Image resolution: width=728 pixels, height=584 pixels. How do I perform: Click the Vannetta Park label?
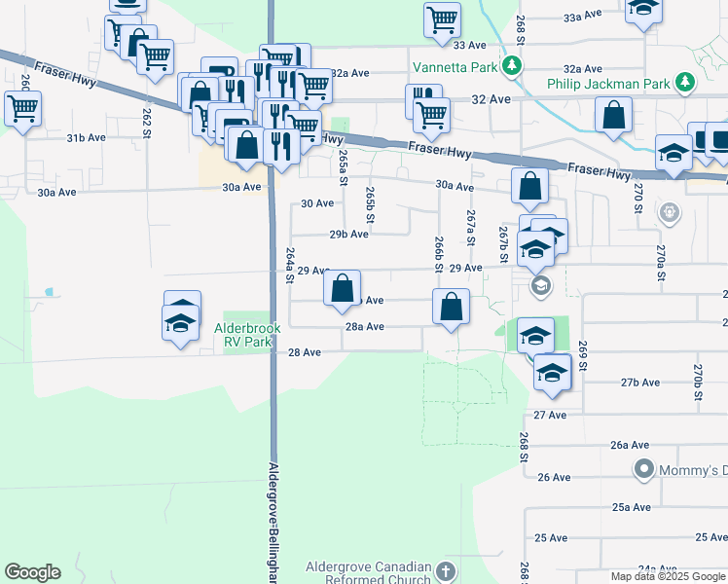point(455,67)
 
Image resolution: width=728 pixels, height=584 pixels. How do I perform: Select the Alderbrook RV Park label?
point(247,335)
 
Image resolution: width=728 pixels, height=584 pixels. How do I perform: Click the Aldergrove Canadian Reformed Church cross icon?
point(446,571)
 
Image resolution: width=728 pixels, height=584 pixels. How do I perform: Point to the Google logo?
point(32,572)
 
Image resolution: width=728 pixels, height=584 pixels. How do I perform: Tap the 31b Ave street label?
point(86,138)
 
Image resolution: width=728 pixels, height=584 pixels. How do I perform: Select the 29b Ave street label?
point(348,235)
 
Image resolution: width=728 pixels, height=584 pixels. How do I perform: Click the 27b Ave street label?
point(640,383)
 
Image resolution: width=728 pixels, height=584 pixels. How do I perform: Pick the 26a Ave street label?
point(630,445)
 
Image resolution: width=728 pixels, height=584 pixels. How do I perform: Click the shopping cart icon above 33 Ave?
point(442,18)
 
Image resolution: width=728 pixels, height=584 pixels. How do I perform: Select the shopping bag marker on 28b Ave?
point(342,288)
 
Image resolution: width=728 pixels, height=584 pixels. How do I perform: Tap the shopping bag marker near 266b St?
point(451,307)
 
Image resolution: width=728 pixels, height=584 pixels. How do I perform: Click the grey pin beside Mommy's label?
point(643,471)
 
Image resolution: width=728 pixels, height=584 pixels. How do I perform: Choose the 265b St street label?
point(370,204)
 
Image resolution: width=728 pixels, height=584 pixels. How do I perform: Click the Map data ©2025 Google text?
point(669,576)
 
